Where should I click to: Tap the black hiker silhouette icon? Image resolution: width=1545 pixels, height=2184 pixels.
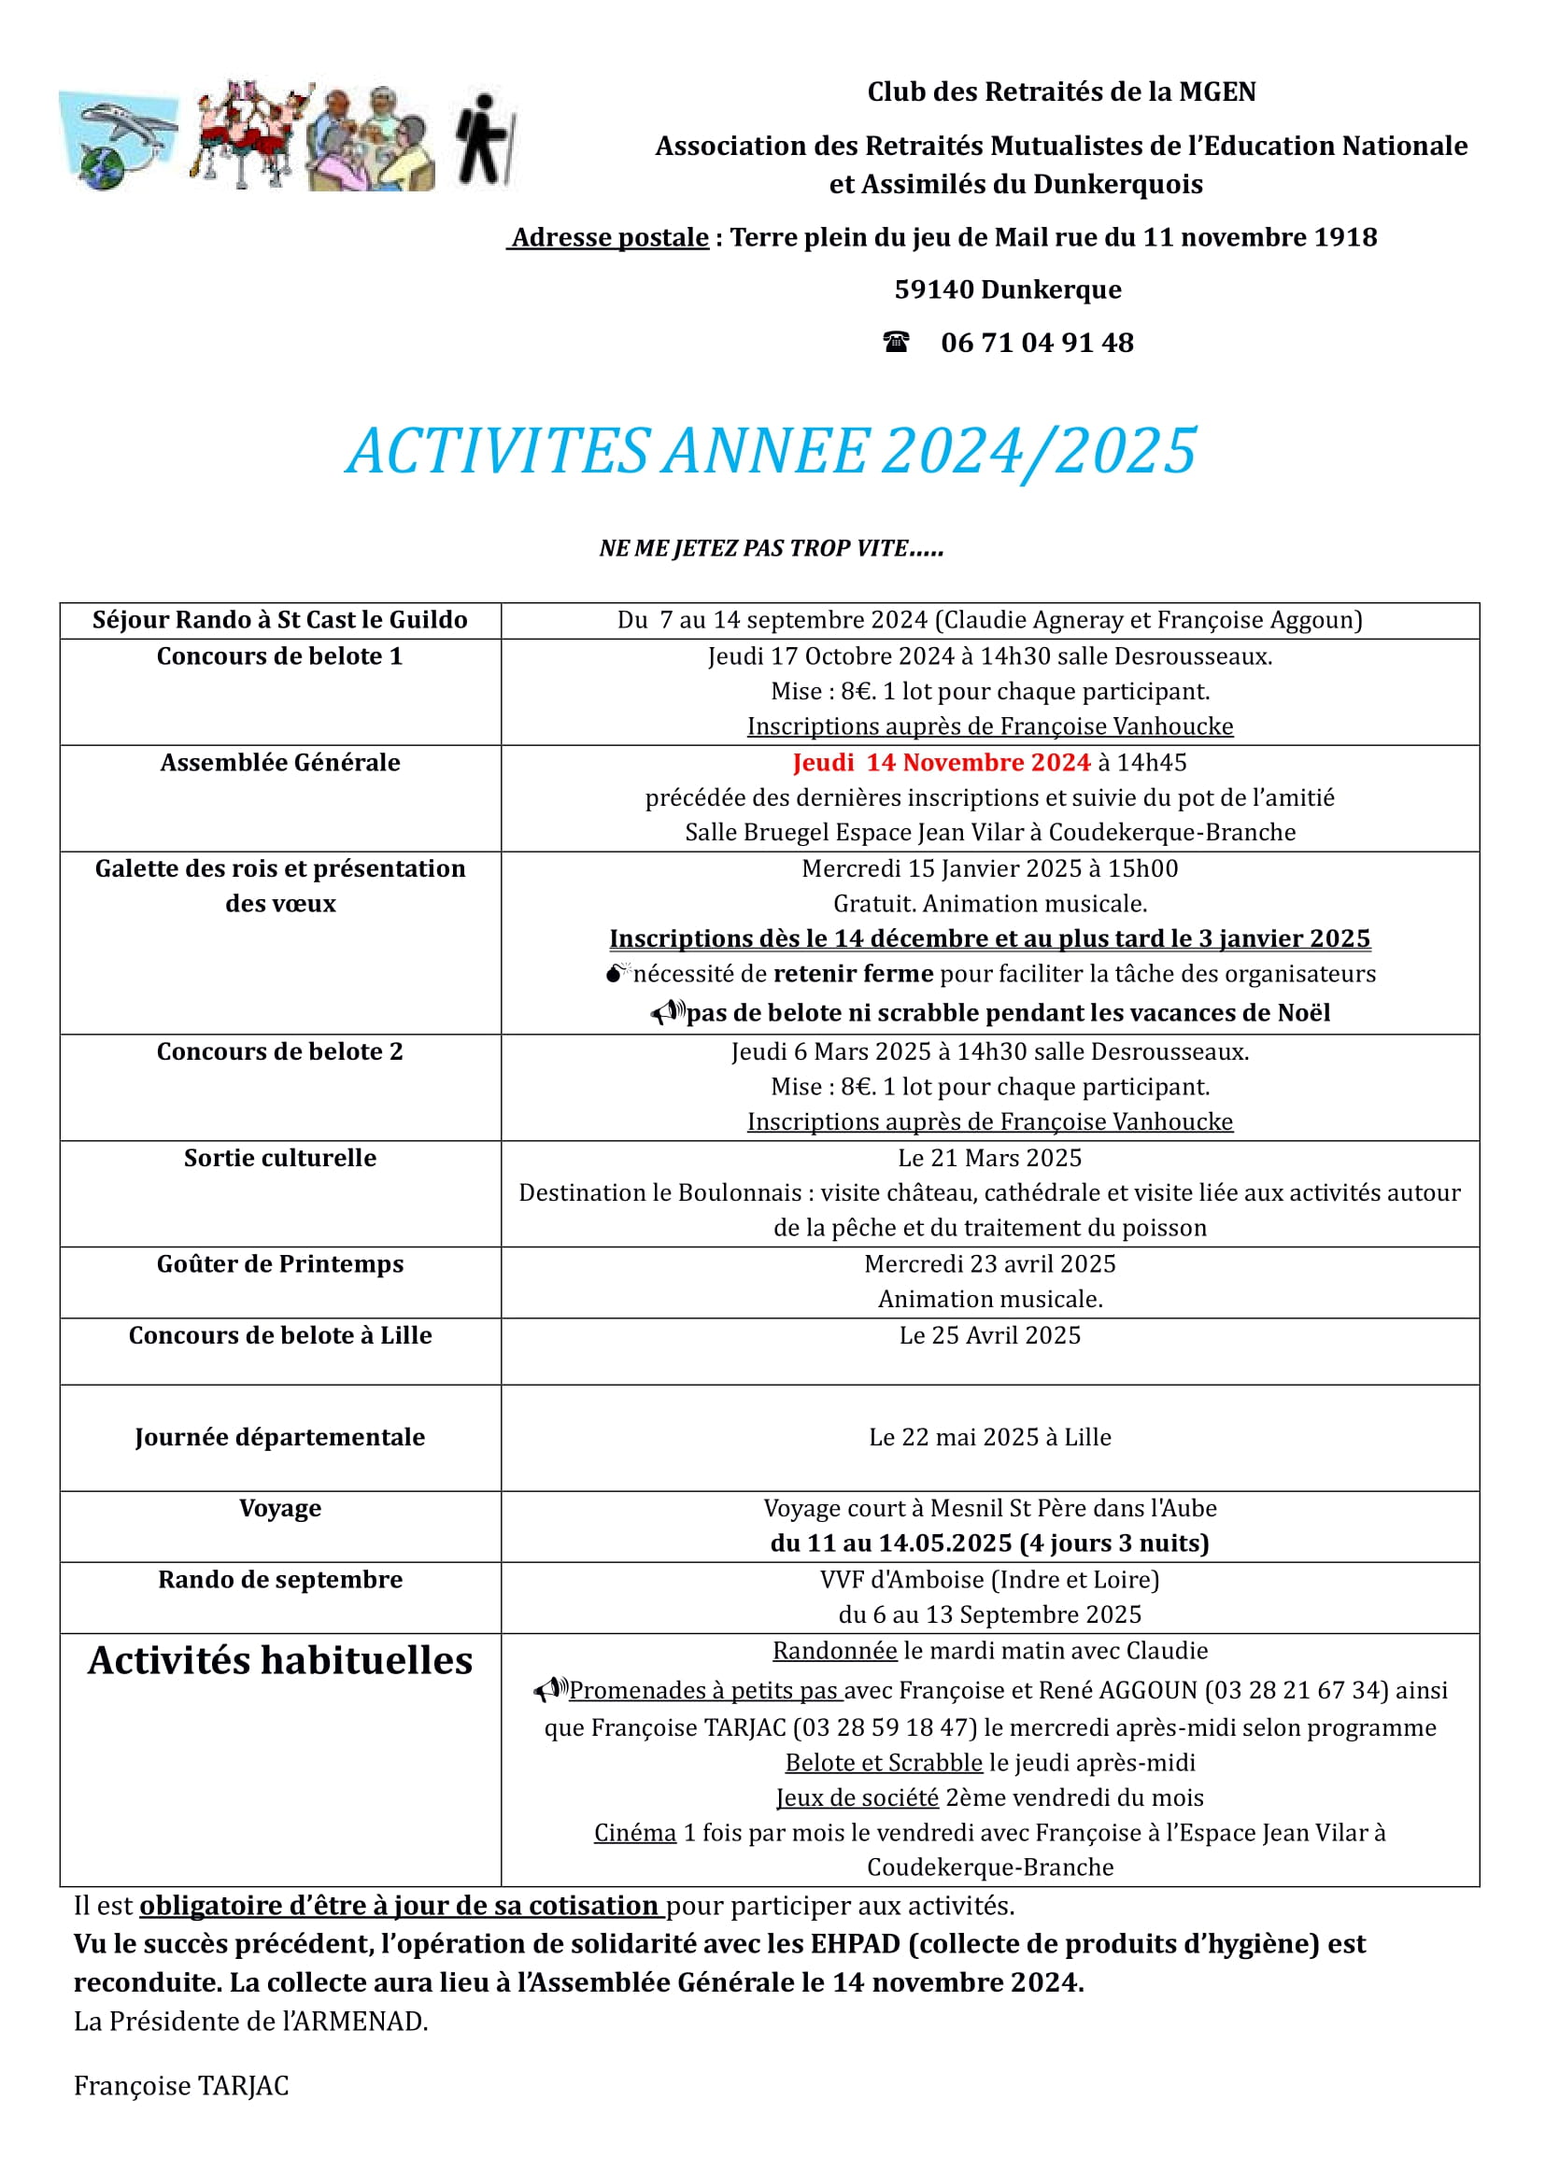484,139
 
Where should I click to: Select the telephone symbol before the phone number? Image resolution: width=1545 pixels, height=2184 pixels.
895,343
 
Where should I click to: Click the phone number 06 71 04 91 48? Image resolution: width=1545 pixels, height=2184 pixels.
1037,343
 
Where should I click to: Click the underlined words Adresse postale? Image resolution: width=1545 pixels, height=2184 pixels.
610,237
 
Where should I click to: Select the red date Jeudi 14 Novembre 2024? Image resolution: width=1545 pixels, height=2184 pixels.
941,763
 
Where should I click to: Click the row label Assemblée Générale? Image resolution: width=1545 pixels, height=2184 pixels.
279,763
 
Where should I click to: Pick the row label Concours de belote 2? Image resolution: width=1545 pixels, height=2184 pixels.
279,1051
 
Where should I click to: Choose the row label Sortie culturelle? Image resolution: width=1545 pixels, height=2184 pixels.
279,1158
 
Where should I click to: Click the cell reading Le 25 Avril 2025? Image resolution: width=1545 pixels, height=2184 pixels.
989,1335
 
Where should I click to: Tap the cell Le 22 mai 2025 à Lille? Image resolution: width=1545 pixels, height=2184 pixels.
989,1436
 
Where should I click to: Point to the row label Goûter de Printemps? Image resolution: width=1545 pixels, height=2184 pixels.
279,1264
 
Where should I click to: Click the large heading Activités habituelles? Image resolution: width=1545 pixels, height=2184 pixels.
279,1660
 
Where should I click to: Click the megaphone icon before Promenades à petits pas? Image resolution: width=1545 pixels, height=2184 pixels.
550,1689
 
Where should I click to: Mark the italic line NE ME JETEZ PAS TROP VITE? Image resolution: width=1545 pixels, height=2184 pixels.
771,548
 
